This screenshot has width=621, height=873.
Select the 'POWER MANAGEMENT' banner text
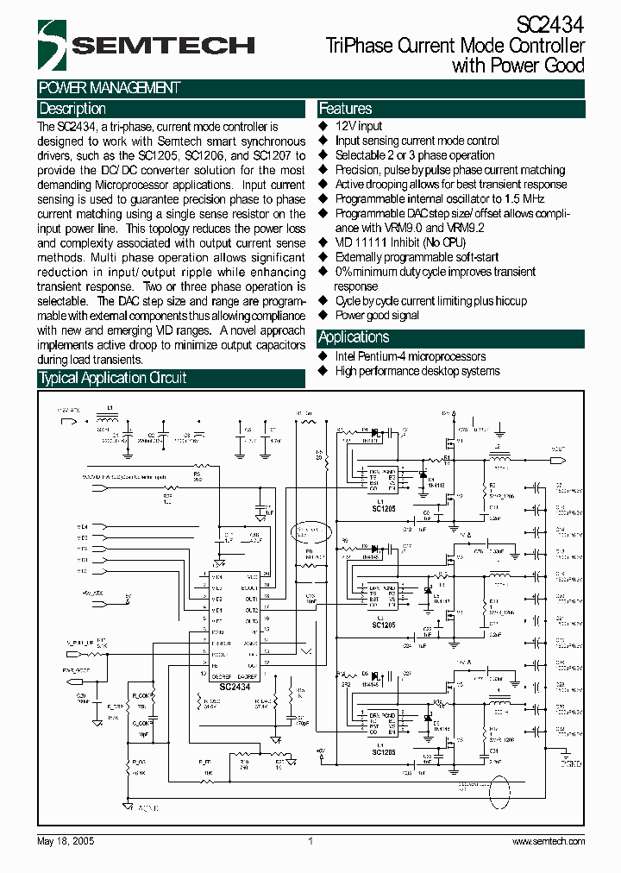pos(109,88)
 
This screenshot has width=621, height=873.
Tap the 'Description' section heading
pos(72,109)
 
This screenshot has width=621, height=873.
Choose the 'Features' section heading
pos(345,109)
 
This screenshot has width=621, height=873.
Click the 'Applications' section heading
pos(354,337)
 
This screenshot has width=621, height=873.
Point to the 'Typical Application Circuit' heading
pos(112,378)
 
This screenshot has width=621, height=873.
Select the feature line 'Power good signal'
pos(377,316)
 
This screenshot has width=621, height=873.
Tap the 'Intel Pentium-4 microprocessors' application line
pos(410,356)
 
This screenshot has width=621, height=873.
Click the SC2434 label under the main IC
pos(234,687)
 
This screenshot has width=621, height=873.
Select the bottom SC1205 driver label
pos(382,751)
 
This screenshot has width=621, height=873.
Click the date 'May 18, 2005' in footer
pos(66,841)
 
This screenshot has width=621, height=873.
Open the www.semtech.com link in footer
pos(549,841)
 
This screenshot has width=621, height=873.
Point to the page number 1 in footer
pos(310,841)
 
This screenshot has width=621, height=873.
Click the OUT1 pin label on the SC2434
pos(251,599)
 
